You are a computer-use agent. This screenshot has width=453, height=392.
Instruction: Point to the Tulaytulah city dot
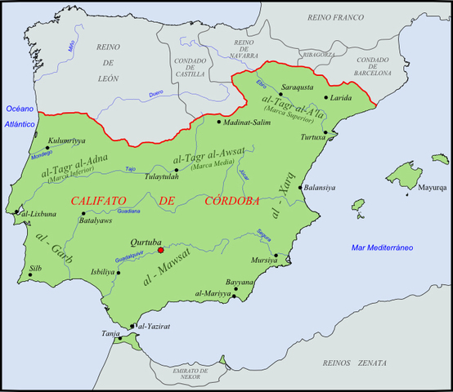[x=177, y=170]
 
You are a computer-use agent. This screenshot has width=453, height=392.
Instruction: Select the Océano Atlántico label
[x=20, y=116]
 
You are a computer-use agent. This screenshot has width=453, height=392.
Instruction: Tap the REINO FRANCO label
[x=335, y=17]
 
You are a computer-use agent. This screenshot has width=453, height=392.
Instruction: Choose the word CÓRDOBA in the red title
[x=231, y=200]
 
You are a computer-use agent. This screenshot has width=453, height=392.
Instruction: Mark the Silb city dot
[x=30, y=275]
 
